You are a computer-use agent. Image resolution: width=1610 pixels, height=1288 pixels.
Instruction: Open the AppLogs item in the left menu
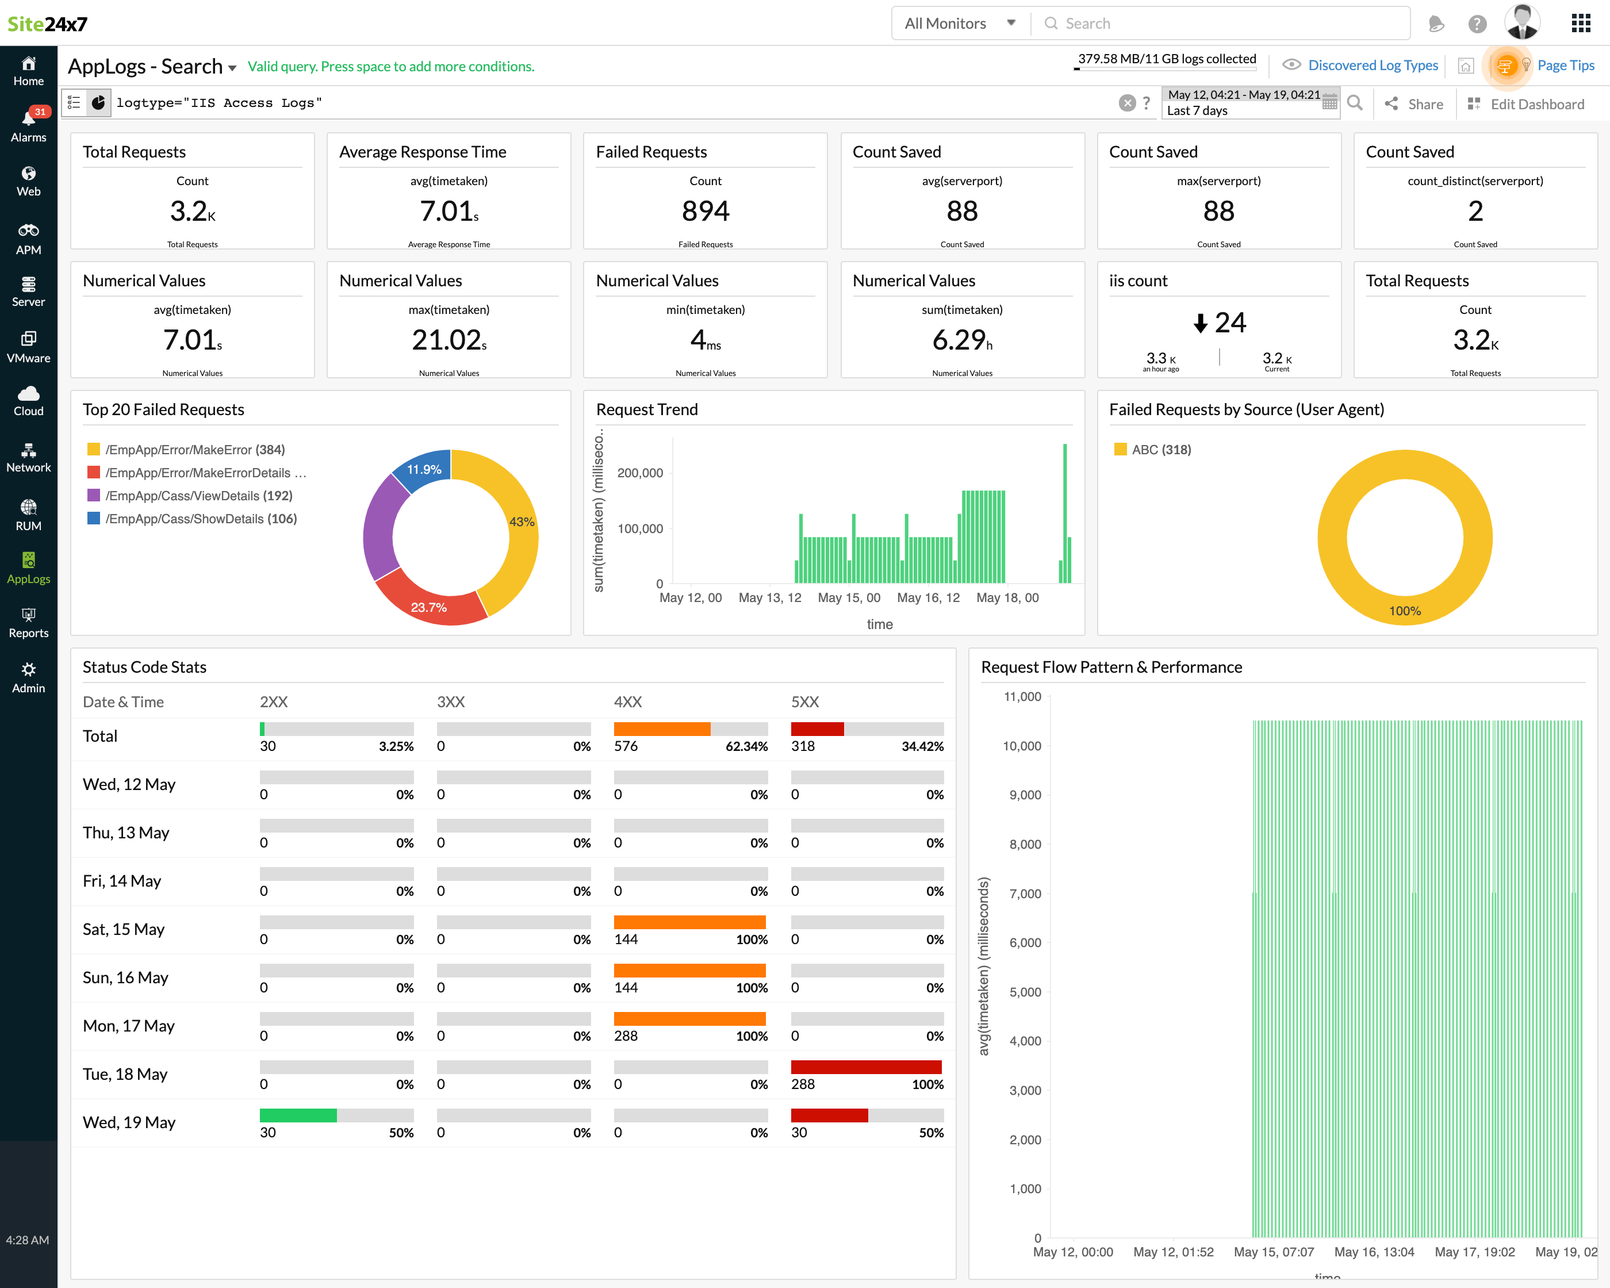28,568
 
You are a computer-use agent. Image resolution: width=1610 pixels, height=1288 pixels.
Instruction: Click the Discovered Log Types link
1372,65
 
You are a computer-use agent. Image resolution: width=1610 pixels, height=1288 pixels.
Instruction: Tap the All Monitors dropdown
960,23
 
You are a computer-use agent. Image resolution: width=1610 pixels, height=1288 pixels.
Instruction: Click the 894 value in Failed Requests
705,211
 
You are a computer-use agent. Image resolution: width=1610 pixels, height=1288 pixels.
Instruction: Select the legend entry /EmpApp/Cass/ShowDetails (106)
200,518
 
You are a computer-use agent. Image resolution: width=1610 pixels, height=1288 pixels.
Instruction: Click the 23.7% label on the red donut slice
428,607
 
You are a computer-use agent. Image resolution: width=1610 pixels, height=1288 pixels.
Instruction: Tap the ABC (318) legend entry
1160,450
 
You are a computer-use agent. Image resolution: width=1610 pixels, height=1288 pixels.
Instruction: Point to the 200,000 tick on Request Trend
639,473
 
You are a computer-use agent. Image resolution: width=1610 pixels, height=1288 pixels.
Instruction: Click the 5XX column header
804,702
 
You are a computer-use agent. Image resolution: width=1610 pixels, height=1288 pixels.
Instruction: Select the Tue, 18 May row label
125,1074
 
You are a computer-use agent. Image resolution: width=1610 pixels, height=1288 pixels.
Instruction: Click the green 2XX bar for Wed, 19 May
298,1115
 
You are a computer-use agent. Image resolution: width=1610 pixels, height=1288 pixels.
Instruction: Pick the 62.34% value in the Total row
746,746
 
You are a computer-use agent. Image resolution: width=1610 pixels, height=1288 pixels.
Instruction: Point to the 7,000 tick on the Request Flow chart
1025,894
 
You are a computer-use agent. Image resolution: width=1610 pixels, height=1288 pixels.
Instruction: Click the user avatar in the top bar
1521,23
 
